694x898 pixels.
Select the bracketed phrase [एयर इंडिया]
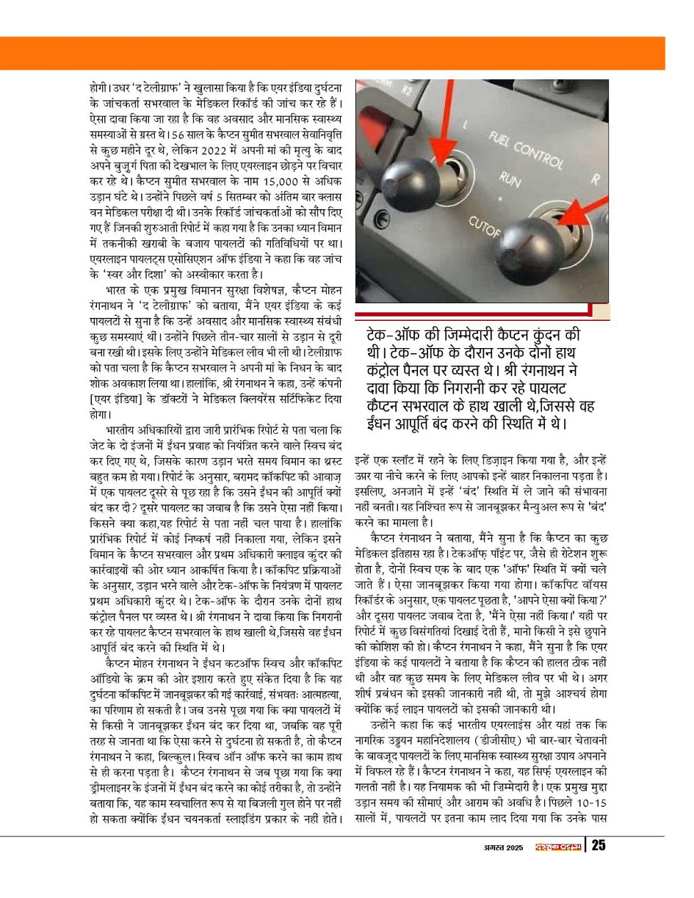[x=132, y=399]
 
